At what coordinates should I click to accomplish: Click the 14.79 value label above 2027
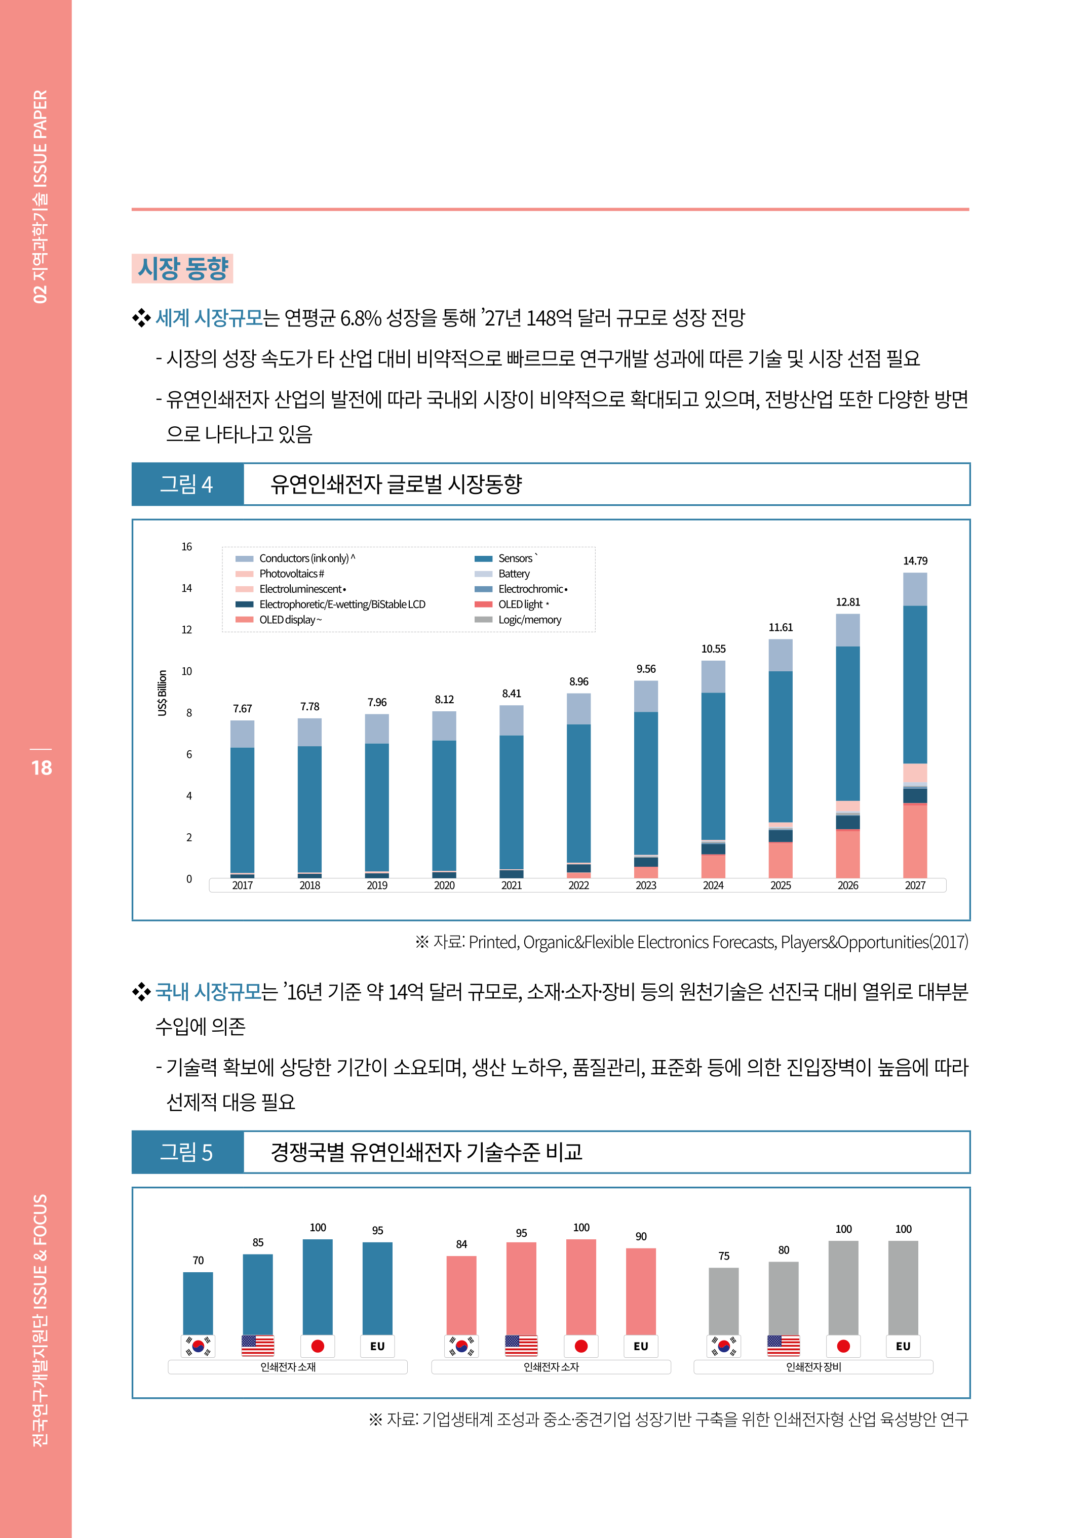click(x=915, y=561)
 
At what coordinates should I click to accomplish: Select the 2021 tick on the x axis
click(x=511, y=885)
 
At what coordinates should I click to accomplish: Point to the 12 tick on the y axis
click(x=186, y=630)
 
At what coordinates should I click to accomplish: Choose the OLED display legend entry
click(x=290, y=620)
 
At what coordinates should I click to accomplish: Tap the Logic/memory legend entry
click(x=529, y=620)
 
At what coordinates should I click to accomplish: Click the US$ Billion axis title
click(x=162, y=693)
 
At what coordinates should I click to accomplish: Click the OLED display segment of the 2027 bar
click(x=915, y=841)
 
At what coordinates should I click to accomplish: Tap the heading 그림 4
click(x=186, y=484)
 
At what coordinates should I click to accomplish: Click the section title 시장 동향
click(x=182, y=269)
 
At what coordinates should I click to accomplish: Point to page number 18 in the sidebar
click(x=41, y=768)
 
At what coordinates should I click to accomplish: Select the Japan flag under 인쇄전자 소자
click(x=580, y=1346)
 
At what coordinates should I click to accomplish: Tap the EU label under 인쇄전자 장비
click(x=903, y=1346)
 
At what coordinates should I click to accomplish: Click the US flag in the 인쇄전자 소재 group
click(x=257, y=1346)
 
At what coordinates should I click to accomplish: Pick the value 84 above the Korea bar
click(x=461, y=1244)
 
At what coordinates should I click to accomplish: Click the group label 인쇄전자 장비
click(x=813, y=1367)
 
